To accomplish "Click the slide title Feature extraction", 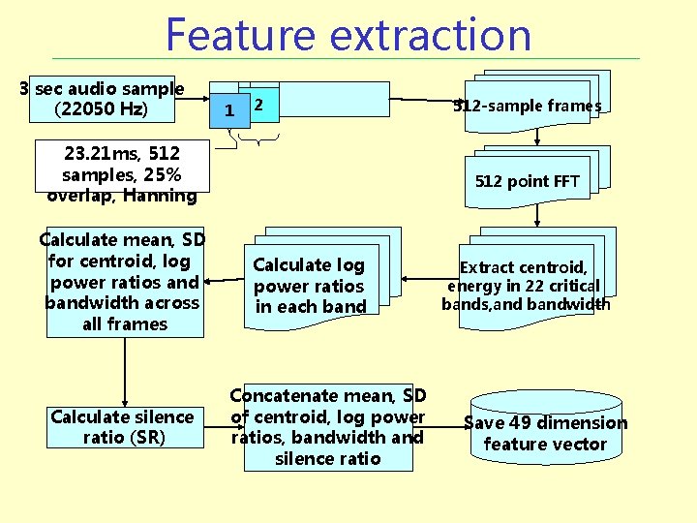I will (x=348, y=34).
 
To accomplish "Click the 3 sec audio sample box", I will (x=102, y=99).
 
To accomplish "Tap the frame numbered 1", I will (x=228, y=110).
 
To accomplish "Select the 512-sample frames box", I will (x=528, y=106).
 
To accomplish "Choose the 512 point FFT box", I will (x=528, y=181).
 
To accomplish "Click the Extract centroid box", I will (x=525, y=286).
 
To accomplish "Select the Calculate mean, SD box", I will (x=124, y=282).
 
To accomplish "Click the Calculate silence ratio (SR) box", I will (x=123, y=427).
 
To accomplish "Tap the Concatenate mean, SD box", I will (x=327, y=427).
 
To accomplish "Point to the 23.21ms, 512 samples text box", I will (x=122, y=174).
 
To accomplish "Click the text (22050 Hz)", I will (x=102, y=109).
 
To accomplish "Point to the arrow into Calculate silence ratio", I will (x=125, y=373).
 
